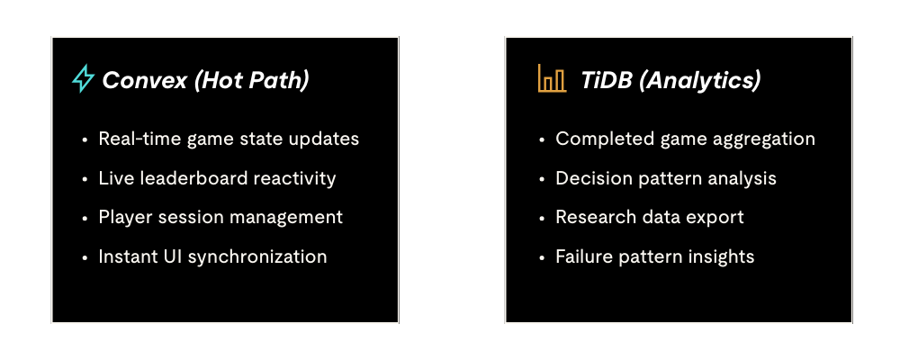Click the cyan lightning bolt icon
tap(83, 79)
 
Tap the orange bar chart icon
tap(553, 78)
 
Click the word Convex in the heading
tap(145, 80)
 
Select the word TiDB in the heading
tap(606, 80)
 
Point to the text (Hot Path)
tap(252, 80)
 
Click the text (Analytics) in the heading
tap(699, 81)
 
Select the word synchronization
tap(257, 256)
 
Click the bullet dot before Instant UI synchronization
tap(85, 257)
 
